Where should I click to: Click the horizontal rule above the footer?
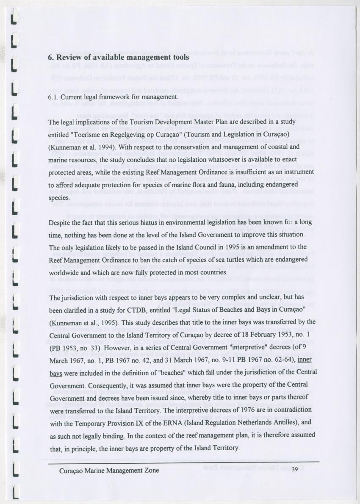pyautogui.click(x=183, y=461)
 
